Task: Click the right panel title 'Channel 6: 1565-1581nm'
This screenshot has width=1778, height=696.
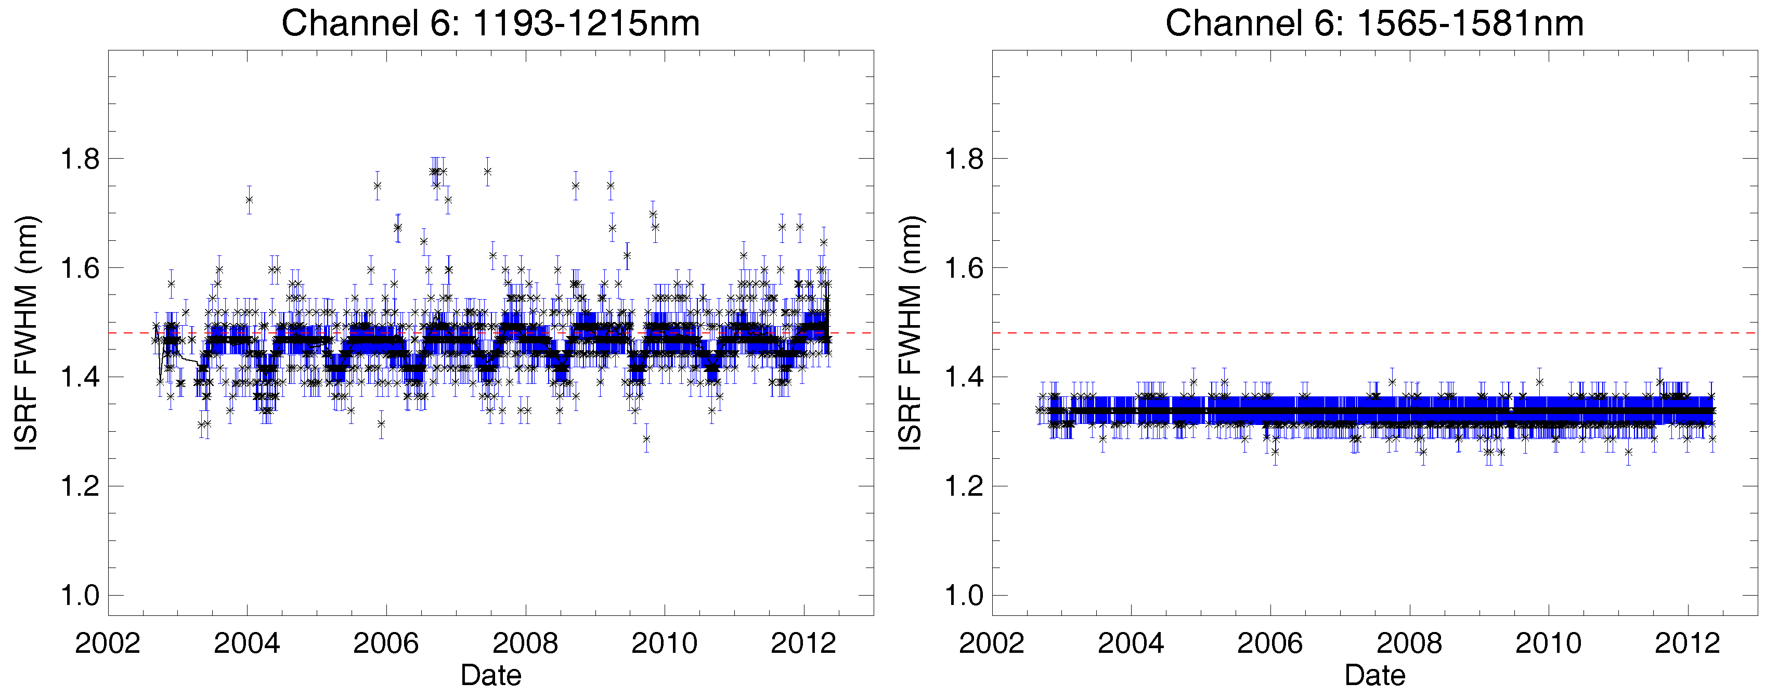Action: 1374,23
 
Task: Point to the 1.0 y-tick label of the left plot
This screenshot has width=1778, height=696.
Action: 80,595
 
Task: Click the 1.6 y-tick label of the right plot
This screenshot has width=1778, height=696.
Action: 964,268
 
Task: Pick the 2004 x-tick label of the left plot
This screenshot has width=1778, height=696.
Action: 246,643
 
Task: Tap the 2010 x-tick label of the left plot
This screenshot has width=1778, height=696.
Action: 664,643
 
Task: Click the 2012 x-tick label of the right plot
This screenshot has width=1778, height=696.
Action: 1687,643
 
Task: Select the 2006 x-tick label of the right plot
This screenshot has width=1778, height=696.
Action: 1269,643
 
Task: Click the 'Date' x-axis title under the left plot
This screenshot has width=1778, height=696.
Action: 491,675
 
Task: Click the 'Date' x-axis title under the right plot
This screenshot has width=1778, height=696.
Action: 1375,675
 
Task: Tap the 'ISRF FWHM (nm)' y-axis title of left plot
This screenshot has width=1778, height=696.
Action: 26,333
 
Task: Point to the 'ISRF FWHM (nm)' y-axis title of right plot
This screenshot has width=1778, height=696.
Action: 911,333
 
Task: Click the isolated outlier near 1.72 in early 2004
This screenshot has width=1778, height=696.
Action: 249,200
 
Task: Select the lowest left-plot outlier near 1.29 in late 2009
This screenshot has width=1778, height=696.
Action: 646,439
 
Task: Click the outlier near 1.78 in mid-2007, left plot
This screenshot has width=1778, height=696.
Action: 487,171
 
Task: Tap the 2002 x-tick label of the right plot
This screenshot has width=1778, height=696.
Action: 991,643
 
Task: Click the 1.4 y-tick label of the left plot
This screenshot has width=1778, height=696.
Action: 80,378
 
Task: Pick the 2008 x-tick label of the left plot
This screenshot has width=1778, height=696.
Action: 525,643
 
